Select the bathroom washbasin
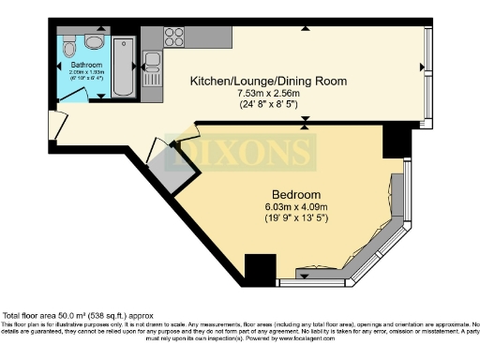94,42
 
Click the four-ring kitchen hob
174,37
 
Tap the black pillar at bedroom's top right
397,141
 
